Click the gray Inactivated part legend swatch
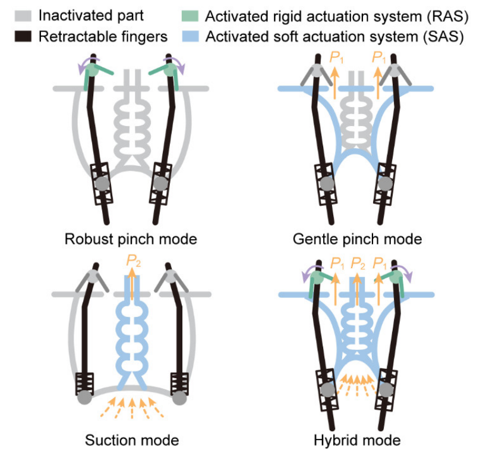click(23, 16)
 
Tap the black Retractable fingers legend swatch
click(23, 36)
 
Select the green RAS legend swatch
click(190, 16)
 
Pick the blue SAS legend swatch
click(190, 36)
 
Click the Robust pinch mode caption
click(131, 239)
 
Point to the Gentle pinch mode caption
click(357, 239)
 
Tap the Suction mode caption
click(132, 440)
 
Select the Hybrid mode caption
click(357, 441)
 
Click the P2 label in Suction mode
click(134, 261)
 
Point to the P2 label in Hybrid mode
click(358, 263)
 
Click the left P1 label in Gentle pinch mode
click(336, 58)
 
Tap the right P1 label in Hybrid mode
click(380, 263)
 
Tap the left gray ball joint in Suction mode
click(84, 397)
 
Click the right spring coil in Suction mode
click(179, 384)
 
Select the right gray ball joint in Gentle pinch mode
click(385, 184)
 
